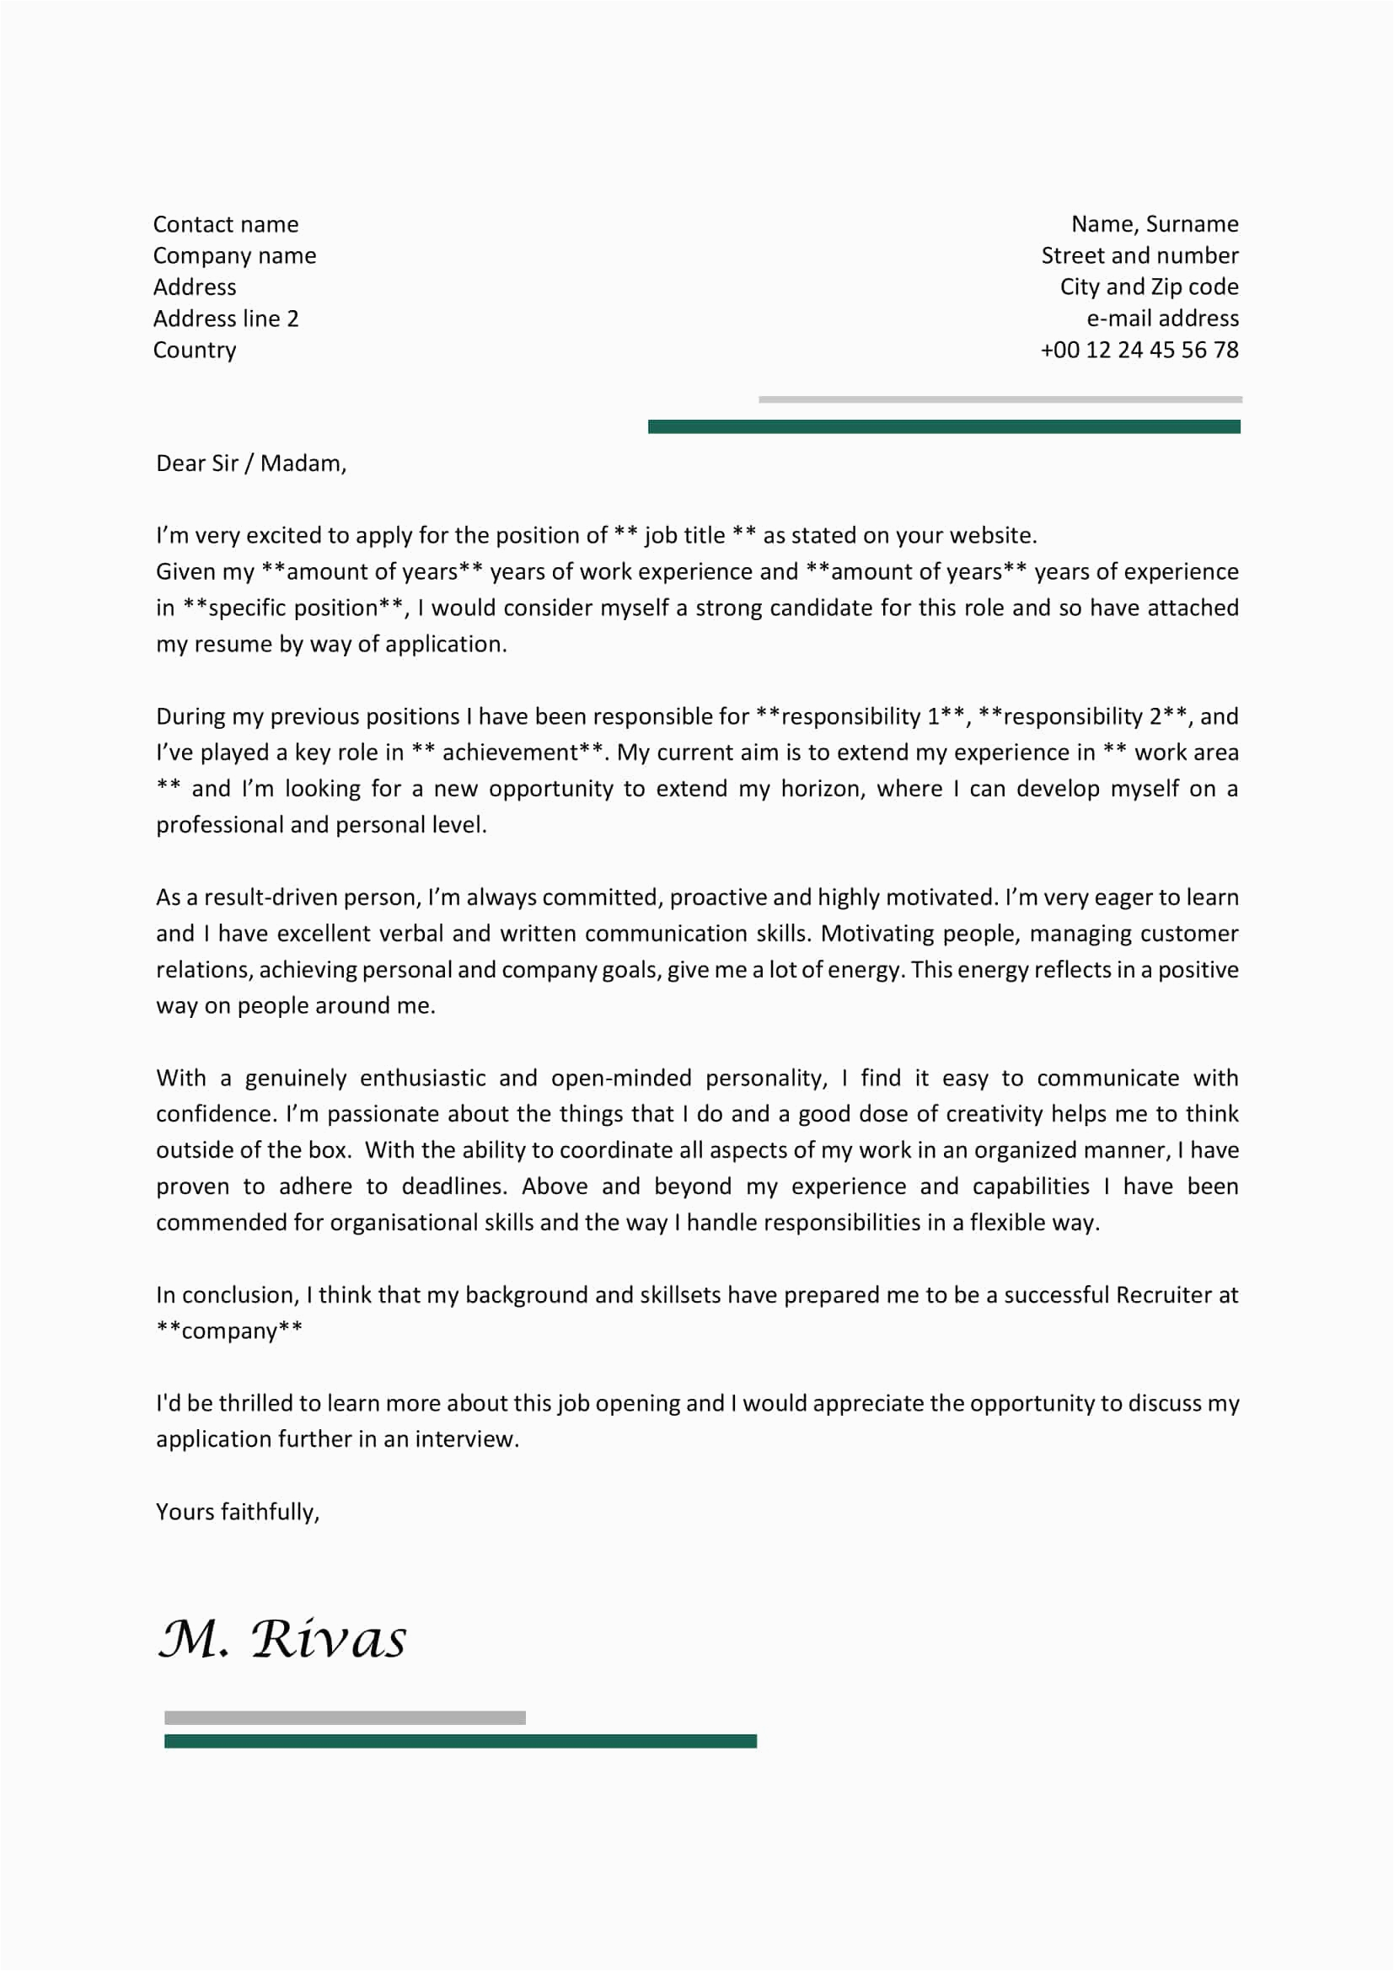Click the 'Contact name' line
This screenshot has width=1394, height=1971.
tap(226, 225)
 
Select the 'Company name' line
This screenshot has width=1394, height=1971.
tap(234, 256)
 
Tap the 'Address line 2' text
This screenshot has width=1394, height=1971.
tap(226, 319)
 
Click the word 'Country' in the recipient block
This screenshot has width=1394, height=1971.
tap(195, 351)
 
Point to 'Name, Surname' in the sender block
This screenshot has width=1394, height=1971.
tap(1155, 224)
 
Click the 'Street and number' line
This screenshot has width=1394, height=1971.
tap(1140, 256)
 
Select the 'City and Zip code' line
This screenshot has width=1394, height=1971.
tap(1150, 287)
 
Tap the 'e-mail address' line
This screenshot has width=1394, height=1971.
tap(1162, 319)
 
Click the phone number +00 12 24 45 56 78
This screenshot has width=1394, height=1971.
tap(1139, 351)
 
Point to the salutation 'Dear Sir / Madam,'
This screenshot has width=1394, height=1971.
tap(251, 463)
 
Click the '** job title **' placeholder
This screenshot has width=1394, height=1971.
tap(685, 536)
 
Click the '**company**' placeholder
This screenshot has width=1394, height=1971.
tap(229, 1331)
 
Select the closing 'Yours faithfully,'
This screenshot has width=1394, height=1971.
tap(238, 1512)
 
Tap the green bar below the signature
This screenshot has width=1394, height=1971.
tap(460, 1742)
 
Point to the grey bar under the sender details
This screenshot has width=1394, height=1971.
tap(1000, 399)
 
